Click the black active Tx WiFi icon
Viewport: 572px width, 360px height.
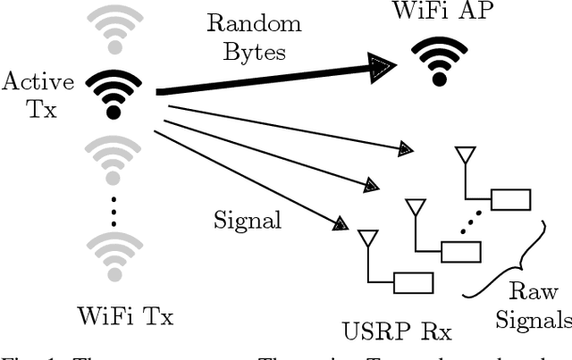(x=113, y=93)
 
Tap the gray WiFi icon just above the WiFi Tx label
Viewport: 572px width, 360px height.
(x=113, y=258)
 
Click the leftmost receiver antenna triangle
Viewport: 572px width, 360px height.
(x=366, y=239)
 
